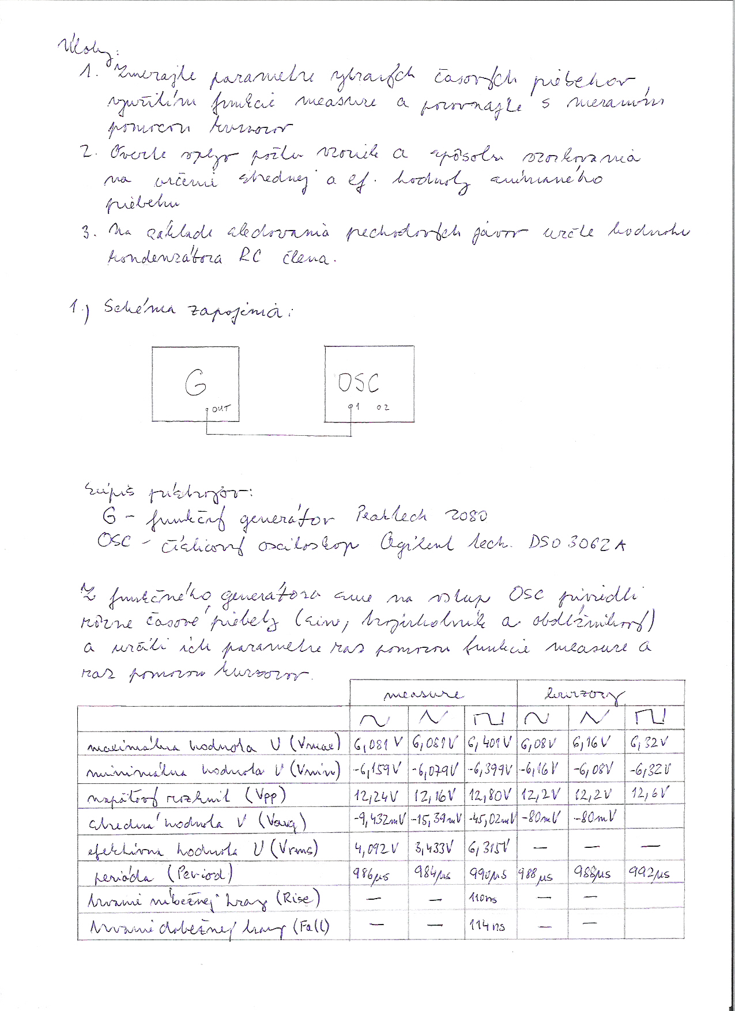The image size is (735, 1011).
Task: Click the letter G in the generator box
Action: pos(195,384)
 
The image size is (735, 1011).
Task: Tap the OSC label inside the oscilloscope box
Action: pos(359,383)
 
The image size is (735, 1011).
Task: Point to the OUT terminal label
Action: pos(220,409)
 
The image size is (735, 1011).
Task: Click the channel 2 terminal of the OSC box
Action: pos(383,408)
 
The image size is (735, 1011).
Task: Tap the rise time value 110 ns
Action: pos(484,899)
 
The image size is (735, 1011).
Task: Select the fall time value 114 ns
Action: pos(487,926)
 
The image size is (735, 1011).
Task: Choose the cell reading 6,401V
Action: pos(491,743)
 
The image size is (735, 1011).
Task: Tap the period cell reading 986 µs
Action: pos(371,875)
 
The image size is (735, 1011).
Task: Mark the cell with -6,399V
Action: pos(491,769)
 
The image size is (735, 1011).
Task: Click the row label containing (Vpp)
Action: pos(186,797)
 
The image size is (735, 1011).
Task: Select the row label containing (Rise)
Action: pos(204,900)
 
